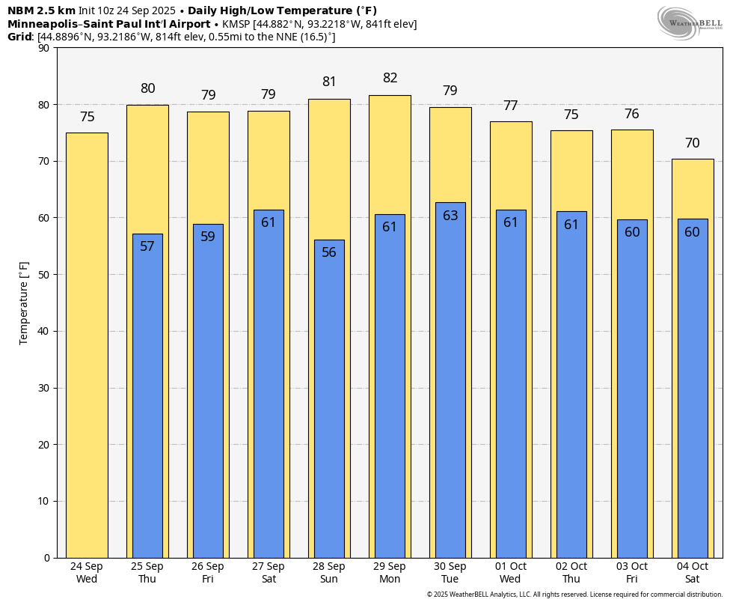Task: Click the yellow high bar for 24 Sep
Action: [x=87, y=345]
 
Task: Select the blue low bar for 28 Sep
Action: [x=329, y=399]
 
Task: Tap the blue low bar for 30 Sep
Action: [x=450, y=380]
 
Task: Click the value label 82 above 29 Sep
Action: [x=390, y=78]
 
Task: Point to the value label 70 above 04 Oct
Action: [x=693, y=143]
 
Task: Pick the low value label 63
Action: [x=450, y=216]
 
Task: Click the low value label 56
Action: [x=329, y=252]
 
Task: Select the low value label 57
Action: [x=147, y=246]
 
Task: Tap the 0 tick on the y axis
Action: [x=47, y=558]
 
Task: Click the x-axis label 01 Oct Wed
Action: [x=511, y=573]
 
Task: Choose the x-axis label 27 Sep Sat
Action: [x=269, y=573]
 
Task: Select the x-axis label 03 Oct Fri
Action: [x=632, y=573]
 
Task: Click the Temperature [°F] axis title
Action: [x=23, y=303]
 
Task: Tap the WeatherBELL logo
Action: [x=690, y=23]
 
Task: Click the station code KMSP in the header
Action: [x=236, y=24]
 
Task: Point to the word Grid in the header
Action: [x=19, y=37]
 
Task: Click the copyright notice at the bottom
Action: [x=574, y=595]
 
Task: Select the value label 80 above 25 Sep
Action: [x=148, y=88]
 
